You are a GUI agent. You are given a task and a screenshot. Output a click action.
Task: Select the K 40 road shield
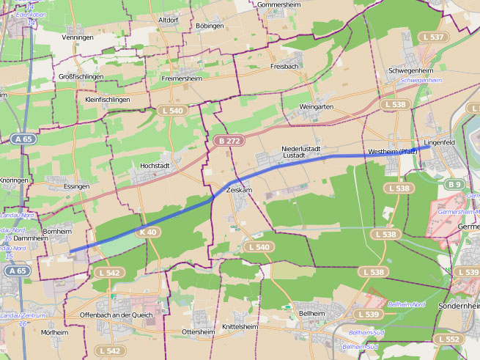click(x=147, y=232)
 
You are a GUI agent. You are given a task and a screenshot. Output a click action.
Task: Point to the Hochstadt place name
click(x=155, y=166)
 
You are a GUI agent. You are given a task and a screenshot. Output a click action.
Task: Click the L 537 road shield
click(x=432, y=37)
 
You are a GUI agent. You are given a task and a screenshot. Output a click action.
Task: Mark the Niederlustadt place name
click(x=301, y=149)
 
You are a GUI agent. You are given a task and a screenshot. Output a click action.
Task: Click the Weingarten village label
click(x=317, y=107)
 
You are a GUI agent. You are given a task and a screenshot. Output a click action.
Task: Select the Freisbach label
click(x=284, y=66)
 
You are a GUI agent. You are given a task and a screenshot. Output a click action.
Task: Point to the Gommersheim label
click(x=280, y=4)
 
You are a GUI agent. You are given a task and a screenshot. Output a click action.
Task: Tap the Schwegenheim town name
click(x=411, y=70)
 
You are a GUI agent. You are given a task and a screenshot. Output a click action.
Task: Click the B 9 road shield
click(x=454, y=184)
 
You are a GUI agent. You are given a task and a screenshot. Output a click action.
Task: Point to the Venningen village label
click(x=78, y=37)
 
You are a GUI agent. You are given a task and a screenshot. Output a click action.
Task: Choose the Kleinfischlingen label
click(x=108, y=99)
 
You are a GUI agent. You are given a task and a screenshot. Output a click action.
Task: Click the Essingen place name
click(x=76, y=186)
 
